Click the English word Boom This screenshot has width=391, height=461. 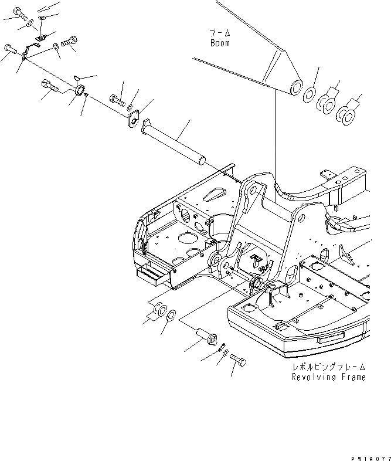[220, 43]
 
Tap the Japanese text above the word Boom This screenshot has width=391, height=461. [220, 33]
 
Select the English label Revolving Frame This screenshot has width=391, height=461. [328, 377]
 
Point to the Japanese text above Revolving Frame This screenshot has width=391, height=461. [328, 367]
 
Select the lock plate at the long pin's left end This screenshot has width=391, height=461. [134, 121]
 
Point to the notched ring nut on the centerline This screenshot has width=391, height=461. [78, 91]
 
